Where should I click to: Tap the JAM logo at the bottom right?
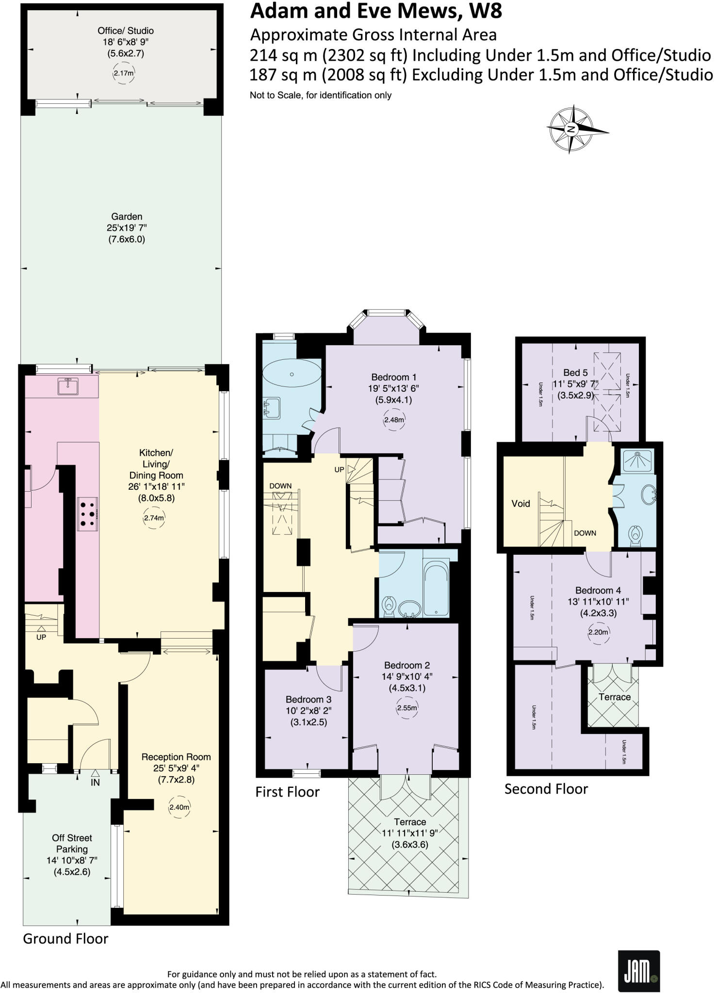(x=639, y=971)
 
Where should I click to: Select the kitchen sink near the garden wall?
(x=67, y=386)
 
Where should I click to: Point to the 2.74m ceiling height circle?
(x=154, y=517)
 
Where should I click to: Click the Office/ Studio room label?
(x=125, y=31)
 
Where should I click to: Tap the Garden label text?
(x=127, y=216)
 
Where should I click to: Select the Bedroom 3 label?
(x=308, y=699)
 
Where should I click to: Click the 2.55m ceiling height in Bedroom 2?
(x=407, y=707)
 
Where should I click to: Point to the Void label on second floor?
(x=520, y=503)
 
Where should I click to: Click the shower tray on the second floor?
(x=637, y=461)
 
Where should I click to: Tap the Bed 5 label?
(x=575, y=372)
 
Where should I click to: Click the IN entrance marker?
(x=95, y=783)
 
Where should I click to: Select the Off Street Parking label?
(x=72, y=843)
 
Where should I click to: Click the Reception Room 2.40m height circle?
(x=179, y=807)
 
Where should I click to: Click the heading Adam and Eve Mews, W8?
(x=375, y=11)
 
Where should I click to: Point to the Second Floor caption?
(x=546, y=789)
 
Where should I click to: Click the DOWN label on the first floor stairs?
(x=280, y=486)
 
